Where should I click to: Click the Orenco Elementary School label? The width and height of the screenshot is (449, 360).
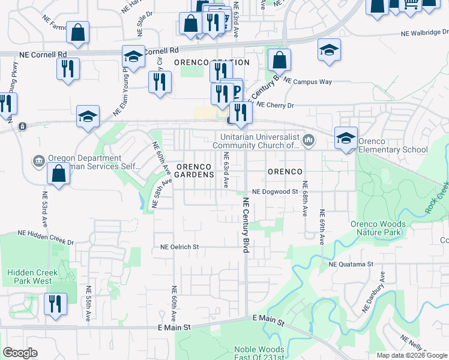(393, 149)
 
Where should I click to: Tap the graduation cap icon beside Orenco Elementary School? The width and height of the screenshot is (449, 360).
(346, 138)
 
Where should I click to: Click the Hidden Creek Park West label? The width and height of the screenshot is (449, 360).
(33, 277)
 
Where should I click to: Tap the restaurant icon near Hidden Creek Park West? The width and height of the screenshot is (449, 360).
(55, 304)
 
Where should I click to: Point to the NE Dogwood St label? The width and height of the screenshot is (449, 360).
(275, 192)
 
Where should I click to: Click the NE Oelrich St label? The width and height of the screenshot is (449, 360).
(179, 247)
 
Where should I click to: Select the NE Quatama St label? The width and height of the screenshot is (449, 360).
(351, 263)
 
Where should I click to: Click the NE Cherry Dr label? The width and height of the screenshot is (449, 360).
(276, 105)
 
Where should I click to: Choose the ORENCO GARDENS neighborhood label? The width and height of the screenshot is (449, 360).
(195, 170)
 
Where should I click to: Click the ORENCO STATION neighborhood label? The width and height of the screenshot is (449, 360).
(211, 62)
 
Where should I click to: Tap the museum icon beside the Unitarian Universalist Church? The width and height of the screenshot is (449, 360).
(309, 140)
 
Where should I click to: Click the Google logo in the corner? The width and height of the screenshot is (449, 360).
(20, 353)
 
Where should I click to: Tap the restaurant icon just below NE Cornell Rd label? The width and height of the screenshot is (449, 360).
(68, 68)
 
